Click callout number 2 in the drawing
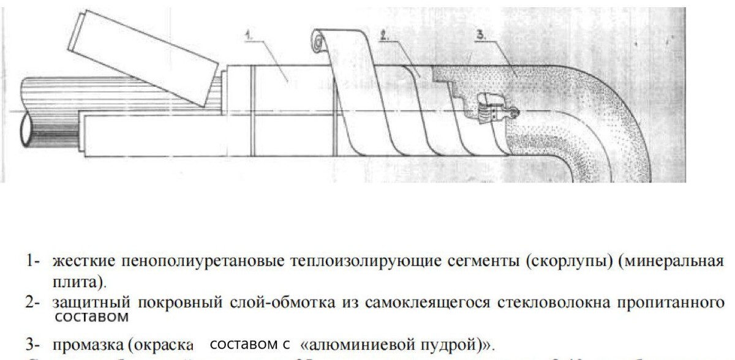coord(384,37)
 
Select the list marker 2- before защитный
coord(33,302)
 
